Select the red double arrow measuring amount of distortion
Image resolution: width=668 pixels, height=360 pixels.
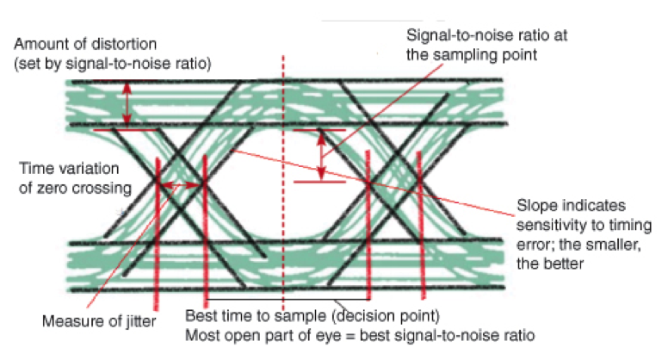tap(127, 102)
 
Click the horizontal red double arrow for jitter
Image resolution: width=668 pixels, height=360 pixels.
tap(182, 183)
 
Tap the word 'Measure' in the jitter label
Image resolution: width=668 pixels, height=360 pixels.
tap(68, 322)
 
